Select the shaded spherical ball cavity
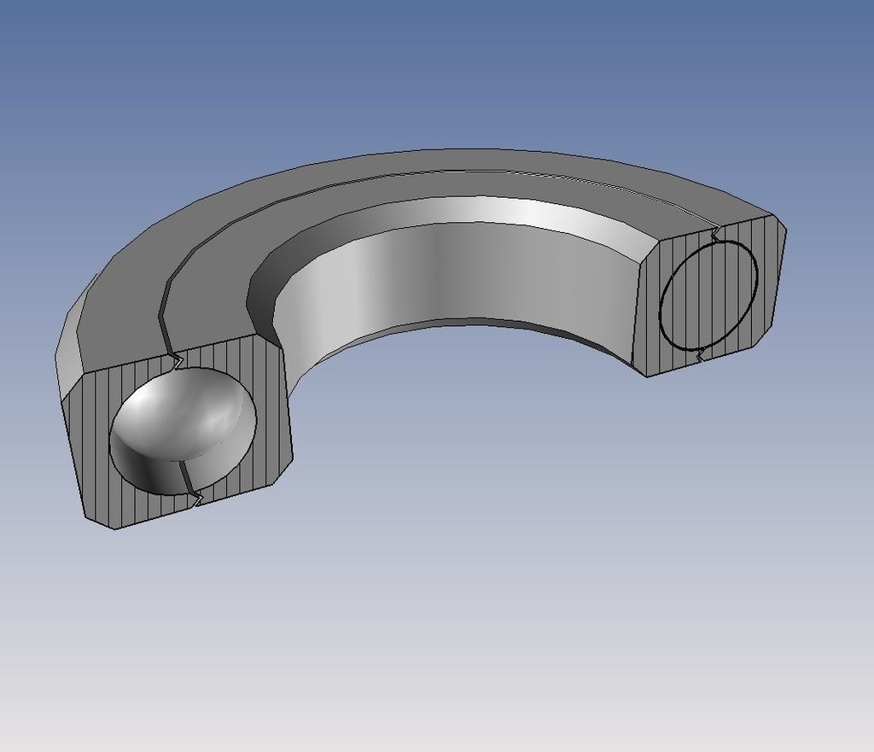click(184, 423)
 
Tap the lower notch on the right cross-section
click(699, 355)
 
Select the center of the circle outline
click(708, 294)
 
